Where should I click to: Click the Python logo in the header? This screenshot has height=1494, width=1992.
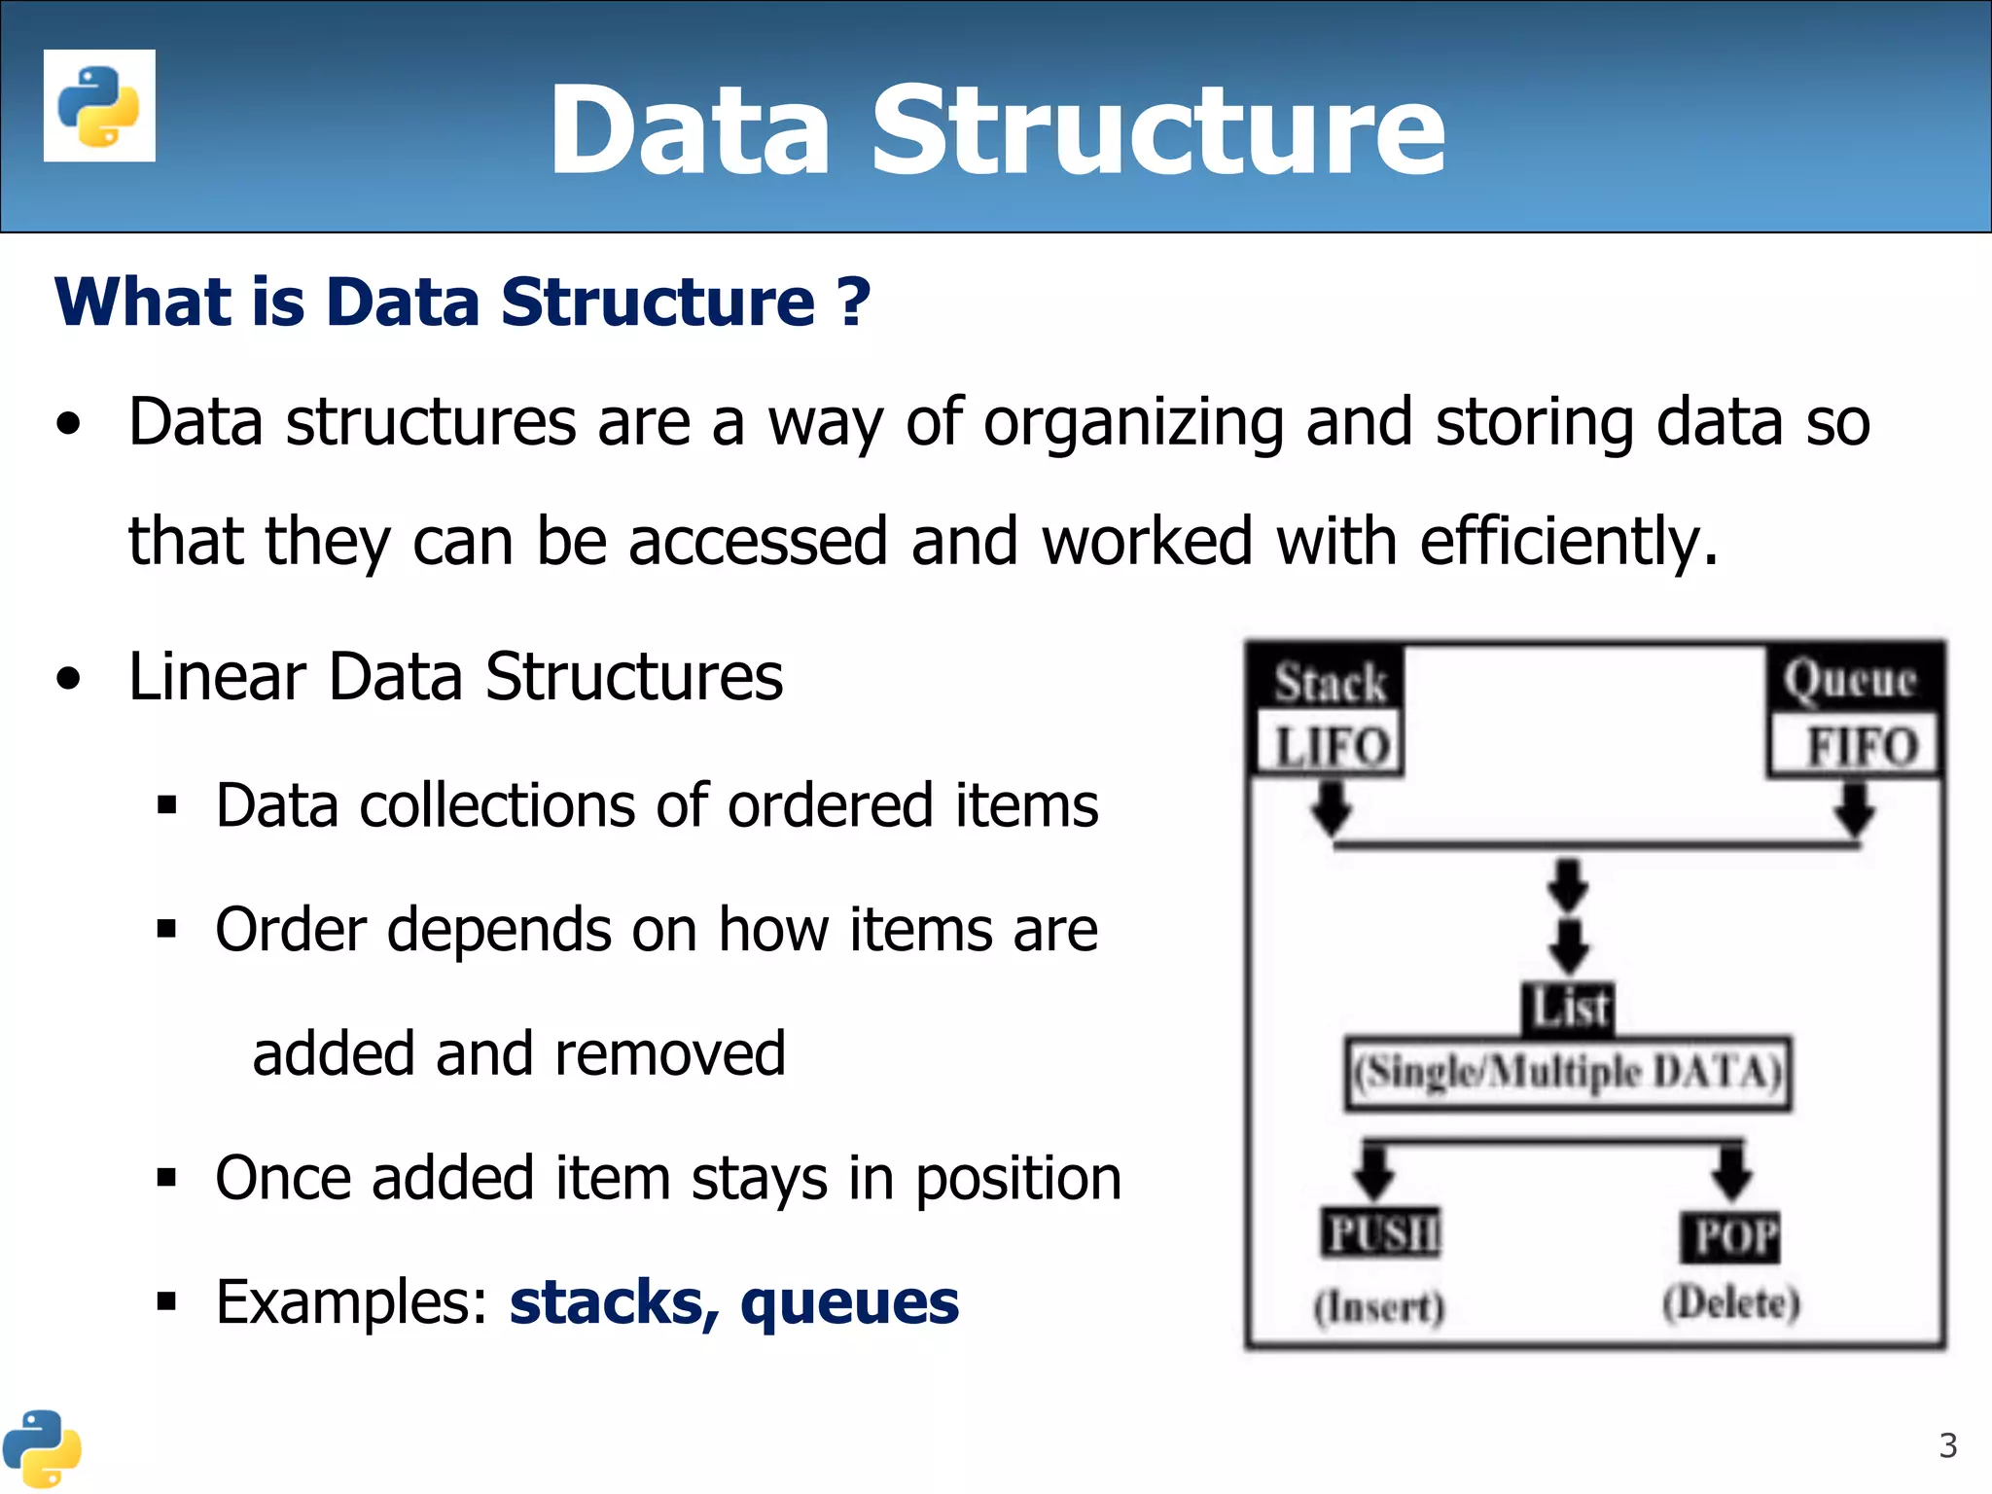99,105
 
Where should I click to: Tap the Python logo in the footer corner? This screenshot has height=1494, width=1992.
41,1448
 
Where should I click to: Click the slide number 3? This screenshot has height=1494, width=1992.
1947,1445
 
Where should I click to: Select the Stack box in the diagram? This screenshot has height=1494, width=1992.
1330,681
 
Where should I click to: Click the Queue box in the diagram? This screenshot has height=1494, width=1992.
1850,678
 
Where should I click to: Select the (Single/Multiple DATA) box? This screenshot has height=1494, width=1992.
1568,1073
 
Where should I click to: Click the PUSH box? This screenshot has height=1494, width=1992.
1381,1233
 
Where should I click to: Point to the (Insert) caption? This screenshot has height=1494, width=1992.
1379,1306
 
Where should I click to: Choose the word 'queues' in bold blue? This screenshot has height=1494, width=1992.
849,1302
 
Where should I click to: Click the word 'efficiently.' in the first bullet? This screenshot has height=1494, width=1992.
1568,542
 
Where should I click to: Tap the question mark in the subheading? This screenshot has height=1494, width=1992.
853,302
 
